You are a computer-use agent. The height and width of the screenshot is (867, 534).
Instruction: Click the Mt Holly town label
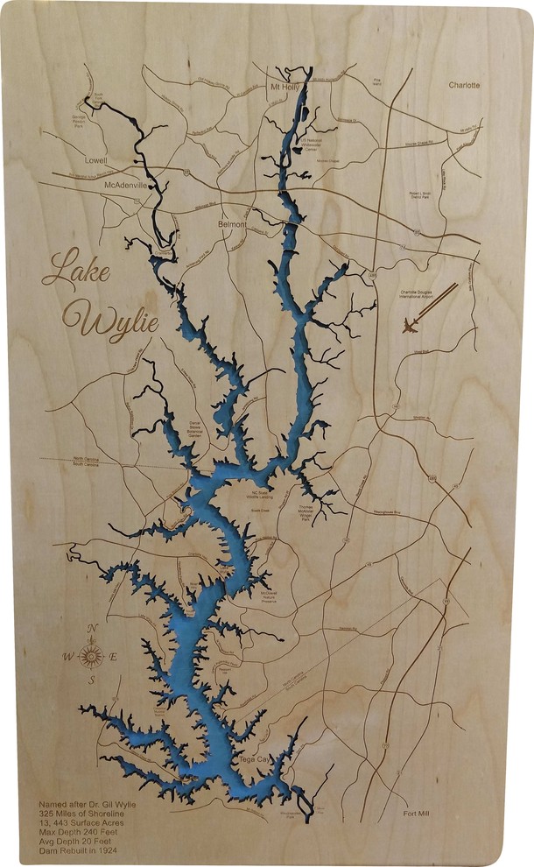[x=285, y=88]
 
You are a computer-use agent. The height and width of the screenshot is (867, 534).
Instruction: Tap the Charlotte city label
[x=465, y=86]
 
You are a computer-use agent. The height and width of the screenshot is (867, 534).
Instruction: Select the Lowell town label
[x=95, y=162]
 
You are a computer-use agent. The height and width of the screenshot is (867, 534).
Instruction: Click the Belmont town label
[x=232, y=224]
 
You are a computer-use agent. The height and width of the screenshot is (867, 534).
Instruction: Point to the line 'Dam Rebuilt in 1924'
[x=78, y=849]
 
